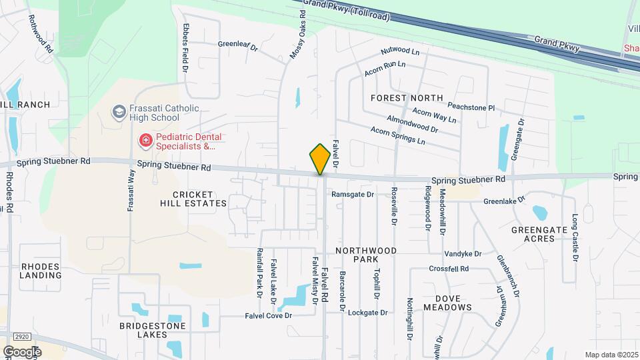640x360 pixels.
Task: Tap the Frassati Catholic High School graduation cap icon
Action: [119, 111]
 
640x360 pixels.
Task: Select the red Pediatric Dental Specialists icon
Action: [144, 141]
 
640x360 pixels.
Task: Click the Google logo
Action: [22, 351]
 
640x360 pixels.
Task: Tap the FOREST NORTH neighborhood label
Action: [407, 98]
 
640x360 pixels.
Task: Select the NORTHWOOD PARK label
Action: [366, 255]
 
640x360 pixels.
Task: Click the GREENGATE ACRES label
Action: [538, 234]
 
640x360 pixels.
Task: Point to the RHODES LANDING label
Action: [41, 271]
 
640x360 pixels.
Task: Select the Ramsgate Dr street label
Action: [353, 195]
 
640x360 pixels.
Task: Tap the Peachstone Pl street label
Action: [471, 107]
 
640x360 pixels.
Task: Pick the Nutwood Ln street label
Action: [400, 51]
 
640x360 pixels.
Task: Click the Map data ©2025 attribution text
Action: [611, 355]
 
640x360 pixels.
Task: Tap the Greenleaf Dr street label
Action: [237, 45]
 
